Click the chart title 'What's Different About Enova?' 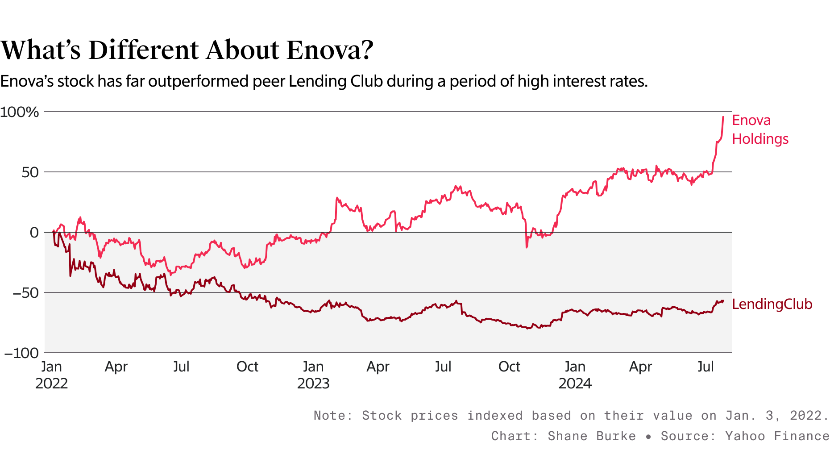187,50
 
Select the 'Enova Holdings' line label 760,129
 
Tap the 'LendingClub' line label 772,304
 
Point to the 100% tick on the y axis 20,112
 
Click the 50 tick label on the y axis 30,172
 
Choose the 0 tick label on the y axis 34,233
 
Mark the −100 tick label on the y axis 21,353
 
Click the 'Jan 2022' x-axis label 51,375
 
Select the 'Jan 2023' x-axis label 313,375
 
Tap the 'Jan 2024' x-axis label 575,375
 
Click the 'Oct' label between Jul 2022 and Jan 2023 247,367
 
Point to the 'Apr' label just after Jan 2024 640,367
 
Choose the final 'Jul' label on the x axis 705,367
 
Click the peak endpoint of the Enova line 723,117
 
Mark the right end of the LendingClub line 723,300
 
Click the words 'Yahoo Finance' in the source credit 777,436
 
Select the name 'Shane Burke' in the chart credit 592,436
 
